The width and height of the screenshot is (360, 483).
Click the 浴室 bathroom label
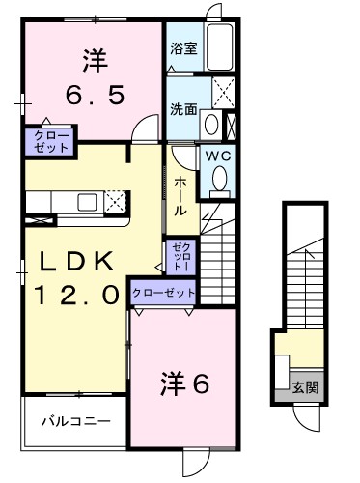click(183, 48)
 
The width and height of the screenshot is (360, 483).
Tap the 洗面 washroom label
click(183, 109)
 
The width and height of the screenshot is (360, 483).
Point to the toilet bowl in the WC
click(219, 179)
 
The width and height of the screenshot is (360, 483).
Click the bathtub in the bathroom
click(221, 45)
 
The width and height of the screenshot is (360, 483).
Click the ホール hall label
click(180, 196)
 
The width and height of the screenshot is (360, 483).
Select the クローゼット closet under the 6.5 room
click(47, 141)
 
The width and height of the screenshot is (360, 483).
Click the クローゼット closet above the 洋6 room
click(163, 292)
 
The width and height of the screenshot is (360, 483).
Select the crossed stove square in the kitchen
click(115, 201)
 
